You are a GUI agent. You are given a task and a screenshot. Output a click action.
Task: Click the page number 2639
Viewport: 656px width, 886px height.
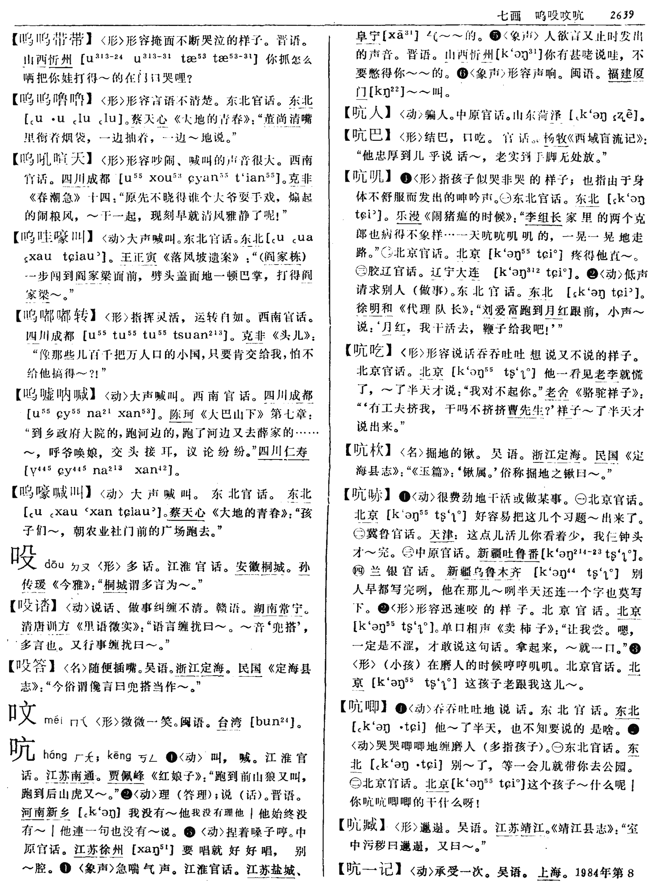coord(622,15)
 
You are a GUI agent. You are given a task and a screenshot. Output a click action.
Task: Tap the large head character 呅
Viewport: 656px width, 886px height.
coord(23,713)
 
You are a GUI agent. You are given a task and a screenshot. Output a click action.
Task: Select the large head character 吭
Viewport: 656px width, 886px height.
coord(23,750)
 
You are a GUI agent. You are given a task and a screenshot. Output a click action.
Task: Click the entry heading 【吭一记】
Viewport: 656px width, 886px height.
coord(371,869)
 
